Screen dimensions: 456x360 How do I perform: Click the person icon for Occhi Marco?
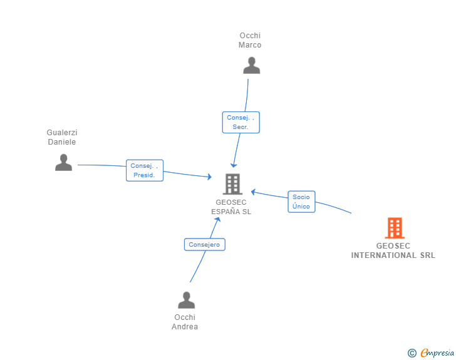252,66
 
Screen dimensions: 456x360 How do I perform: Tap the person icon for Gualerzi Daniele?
63,162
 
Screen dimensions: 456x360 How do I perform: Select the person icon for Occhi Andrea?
187,300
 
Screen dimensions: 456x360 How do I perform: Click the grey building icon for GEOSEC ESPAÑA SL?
232,184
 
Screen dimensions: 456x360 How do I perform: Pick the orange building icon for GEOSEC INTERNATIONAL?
395,228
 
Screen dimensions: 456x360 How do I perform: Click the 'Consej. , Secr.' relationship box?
241,123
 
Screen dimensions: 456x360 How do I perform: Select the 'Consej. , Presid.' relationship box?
145,170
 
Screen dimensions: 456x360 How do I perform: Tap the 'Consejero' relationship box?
204,245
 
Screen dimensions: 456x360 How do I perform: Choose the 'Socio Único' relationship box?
301,202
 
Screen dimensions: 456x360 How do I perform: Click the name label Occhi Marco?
250,40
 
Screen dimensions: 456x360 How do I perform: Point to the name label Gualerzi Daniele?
62,137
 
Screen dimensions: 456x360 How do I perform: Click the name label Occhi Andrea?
185,322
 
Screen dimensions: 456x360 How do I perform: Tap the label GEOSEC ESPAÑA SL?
231,207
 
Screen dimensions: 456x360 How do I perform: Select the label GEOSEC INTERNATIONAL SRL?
393,250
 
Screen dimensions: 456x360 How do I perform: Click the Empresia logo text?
437,353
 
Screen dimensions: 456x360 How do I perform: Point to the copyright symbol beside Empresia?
412,353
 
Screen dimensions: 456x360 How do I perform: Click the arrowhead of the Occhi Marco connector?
234,166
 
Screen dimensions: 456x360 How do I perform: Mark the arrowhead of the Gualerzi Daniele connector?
210,176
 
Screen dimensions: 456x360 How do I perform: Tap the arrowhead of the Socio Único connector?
253,192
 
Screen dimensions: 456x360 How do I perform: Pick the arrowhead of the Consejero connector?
218,219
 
